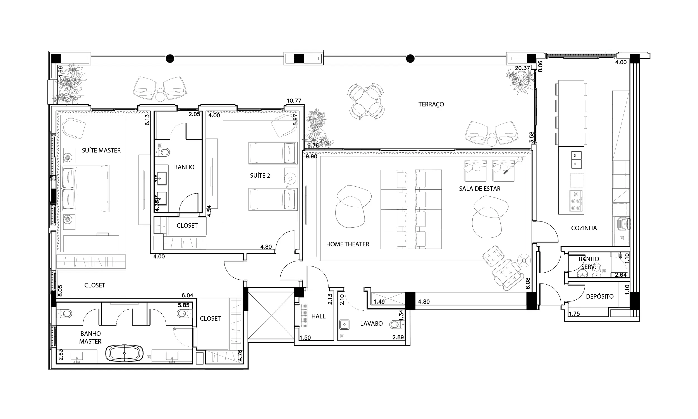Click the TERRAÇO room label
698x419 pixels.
(431, 104)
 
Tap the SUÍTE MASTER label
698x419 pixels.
(101, 151)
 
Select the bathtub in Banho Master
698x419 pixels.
(125, 353)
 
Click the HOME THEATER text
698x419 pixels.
(348, 244)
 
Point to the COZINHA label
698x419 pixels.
(584, 228)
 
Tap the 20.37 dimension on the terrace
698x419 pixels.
(522, 68)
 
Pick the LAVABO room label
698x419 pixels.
(371, 323)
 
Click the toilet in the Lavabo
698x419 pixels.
(396, 324)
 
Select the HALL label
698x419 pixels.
(318, 316)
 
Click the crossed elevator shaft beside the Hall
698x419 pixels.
(271, 315)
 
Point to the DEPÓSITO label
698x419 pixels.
(600, 296)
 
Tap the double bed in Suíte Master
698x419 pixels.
(85, 188)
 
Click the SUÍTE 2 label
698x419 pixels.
(260, 176)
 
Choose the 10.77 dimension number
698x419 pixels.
(294, 101)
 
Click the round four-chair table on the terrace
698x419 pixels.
(366, 101)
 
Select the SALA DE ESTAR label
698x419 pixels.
(480, 189)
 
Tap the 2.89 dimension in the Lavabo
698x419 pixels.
(398, 337)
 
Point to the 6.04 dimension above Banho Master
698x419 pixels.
(187, 295)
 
